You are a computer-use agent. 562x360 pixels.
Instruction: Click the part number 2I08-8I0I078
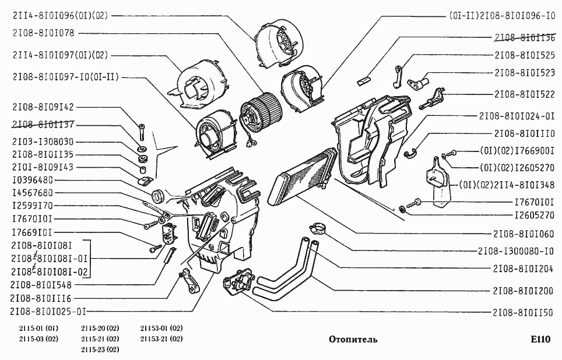click(43, 33)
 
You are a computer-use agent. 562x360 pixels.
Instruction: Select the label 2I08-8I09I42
click(43, 107)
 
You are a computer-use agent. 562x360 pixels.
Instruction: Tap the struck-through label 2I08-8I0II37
click(43, 124)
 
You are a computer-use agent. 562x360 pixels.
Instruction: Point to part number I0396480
click(33, 180)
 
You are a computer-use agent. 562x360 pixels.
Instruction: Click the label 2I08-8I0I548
click(41, 285)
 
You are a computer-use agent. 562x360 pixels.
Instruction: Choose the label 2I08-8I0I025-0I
click(48, 311)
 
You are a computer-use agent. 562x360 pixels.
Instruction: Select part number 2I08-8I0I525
click(525, 55)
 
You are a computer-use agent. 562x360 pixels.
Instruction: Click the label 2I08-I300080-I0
click(516, 251)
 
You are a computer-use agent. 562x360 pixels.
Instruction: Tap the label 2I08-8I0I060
click(524, 234)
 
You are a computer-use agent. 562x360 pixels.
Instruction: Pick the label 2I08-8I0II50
click(523, 313)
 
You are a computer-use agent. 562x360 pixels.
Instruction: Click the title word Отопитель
click(353, 339)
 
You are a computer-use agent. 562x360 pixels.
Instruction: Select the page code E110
click(540, 339)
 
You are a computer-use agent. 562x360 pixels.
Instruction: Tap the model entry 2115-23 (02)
click(100, 350)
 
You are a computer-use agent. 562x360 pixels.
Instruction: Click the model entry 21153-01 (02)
click(161, 328)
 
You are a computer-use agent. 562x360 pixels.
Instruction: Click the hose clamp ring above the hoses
click(316, 228)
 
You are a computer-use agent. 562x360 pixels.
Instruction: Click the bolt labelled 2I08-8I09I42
click(142, 132)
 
